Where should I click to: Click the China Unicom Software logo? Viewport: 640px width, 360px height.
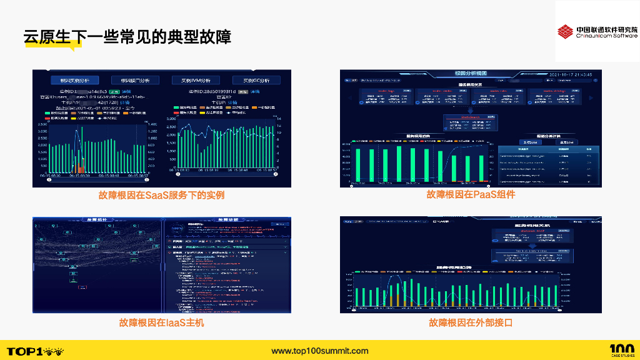click(597, 32)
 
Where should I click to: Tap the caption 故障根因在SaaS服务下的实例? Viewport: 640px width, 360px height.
click(161, 195)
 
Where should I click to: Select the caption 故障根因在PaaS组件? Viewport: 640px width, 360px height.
click(471, 194)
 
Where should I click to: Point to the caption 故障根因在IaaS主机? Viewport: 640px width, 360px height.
click(161, 323)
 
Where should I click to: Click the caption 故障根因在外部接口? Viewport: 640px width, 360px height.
click(471, 322)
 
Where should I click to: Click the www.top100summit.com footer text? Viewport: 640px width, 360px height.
click(320, 351)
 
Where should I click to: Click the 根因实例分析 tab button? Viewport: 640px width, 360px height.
click(79, 80)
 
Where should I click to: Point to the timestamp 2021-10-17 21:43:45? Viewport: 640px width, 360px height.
click(570, 74)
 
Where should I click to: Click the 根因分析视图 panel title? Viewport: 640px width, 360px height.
click(471, 73)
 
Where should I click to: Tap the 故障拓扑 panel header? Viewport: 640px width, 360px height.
click(98, 220)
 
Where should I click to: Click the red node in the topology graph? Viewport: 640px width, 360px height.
click(82, 287)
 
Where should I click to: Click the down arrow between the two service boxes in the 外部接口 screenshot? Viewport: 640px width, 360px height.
click(530, 246)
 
